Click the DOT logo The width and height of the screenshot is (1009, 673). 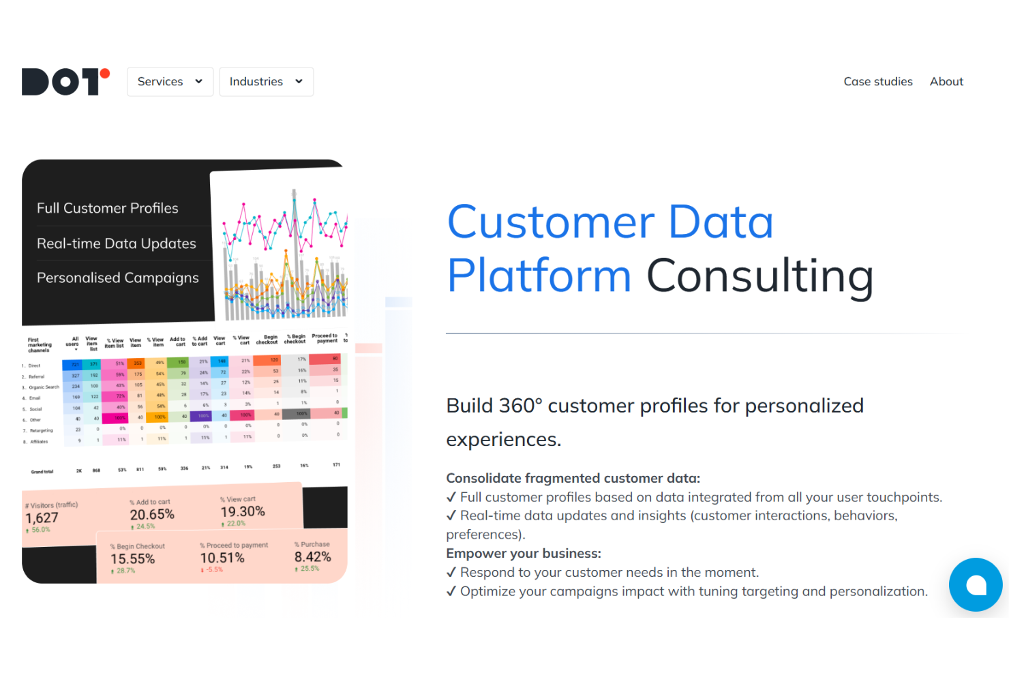[65, 82]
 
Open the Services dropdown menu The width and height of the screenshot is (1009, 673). [170, 82]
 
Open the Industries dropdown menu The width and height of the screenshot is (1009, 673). [266, 82]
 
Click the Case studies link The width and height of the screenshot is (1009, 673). [877, 82]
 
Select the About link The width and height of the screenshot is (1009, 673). [946, 82]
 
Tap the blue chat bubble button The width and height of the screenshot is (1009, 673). [976, 584]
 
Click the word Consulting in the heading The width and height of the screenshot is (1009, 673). [759, 275]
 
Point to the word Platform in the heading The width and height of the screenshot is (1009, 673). [539, 275]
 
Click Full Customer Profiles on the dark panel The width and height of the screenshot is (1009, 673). [108, 208]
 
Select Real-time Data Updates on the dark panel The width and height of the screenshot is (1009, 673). [117, 243]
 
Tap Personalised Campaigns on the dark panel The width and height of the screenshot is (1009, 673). [118, 278]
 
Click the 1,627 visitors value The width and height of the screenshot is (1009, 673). [42, 518]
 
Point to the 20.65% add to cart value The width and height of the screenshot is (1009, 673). [152, 514]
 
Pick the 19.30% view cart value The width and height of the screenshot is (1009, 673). [243, 511]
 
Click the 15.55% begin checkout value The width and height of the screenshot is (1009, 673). [133, 558]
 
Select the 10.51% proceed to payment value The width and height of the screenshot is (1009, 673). [222, 558]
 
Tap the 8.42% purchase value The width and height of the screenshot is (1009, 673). [313, 556]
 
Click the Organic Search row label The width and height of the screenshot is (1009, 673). [44, 387]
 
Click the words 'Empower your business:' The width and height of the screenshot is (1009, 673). [524, 553]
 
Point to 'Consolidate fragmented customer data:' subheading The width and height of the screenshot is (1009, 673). [573, 478]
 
